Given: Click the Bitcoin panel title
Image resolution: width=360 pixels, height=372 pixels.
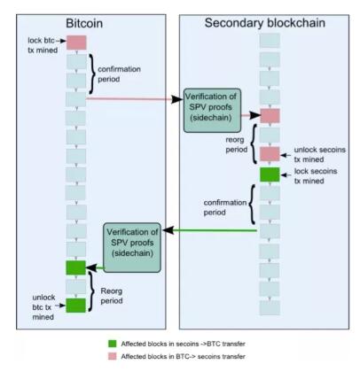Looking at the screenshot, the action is [84, 24].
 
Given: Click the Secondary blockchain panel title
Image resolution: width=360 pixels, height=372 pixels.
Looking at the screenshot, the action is [265, 23].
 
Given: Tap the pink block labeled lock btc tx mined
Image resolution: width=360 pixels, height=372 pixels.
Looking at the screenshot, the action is [76, 43].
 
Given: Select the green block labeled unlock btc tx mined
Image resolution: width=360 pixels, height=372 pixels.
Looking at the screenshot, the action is [75, 306].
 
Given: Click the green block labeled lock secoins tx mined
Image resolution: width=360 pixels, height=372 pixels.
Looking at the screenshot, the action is [270, 174].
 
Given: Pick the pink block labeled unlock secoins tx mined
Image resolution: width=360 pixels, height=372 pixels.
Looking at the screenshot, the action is [270, 154].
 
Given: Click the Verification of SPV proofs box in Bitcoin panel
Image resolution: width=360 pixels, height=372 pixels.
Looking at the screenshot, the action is [132, 247].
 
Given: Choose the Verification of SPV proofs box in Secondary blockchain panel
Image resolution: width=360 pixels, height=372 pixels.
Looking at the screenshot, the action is [212, 110].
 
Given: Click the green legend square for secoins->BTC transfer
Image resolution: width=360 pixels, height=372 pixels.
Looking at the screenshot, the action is [113, 344].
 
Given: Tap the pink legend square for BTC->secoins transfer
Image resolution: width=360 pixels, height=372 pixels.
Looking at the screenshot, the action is [113, 356].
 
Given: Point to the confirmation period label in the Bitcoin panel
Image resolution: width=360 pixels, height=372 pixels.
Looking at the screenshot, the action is [119, 74].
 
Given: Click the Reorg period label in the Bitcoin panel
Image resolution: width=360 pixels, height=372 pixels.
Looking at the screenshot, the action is [112, 296].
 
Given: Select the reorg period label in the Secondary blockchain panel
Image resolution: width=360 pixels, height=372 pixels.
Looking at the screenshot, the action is [237, 144].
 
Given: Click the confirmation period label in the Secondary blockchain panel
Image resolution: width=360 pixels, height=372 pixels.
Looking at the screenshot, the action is [225, 207].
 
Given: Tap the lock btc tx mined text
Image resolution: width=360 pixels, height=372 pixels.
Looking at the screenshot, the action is [43, 45].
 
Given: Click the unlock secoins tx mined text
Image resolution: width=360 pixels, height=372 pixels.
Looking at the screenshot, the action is [319, 154].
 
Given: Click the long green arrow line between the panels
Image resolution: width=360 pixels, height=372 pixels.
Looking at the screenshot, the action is [209, 230].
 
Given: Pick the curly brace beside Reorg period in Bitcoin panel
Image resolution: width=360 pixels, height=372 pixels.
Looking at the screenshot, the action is [90, 291].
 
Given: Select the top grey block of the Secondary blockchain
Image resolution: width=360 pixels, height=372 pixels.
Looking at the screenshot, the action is [270, 41].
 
